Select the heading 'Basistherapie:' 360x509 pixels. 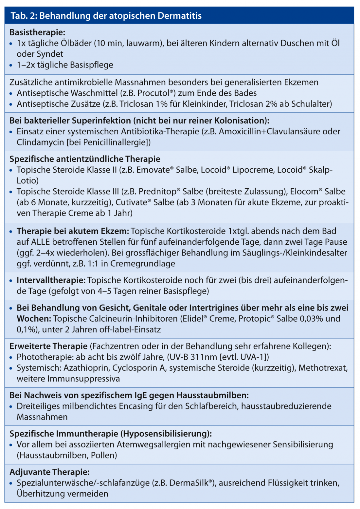point(37,32)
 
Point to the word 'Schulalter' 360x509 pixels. point(310,104)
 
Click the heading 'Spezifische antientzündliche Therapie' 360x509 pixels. point(85,159)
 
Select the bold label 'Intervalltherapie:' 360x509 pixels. point(51,280)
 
